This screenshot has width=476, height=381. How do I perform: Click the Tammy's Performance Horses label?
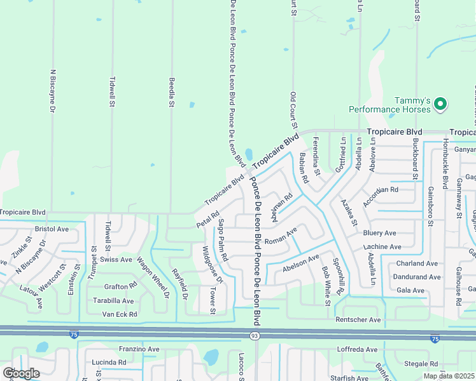[412, 105]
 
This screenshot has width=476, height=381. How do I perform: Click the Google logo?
[21, 373]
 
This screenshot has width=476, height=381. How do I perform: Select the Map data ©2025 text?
[448, 375]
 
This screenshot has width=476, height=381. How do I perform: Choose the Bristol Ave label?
[52, 229]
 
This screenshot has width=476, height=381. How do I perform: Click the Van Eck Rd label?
[120, 314]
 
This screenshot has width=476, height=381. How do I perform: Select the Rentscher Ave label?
[358, 319]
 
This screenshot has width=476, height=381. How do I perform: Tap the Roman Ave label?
[281, 239]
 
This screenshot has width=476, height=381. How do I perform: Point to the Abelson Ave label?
[301, 260]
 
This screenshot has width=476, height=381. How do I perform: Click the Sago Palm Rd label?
[223, 241]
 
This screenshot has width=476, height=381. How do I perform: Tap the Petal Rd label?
[207, 220]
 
